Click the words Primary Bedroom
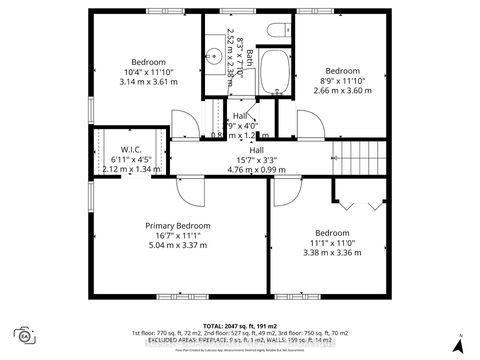tap(177, 226)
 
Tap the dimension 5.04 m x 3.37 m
tap(177, 244)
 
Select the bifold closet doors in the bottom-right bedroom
tap(361, 203)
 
